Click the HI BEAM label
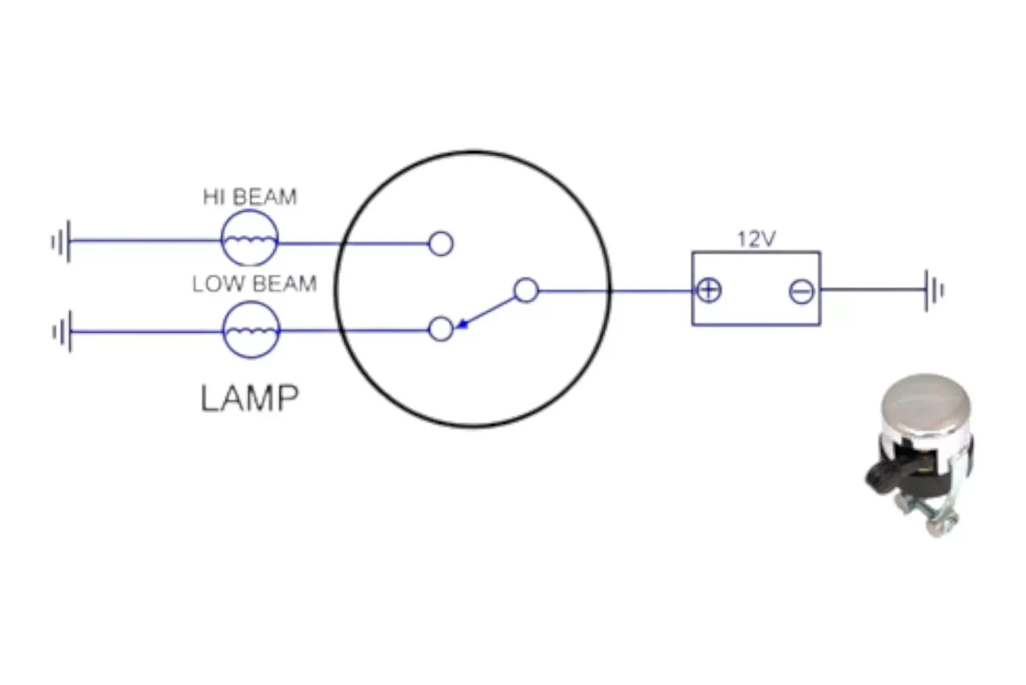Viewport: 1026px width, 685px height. click(250, 197)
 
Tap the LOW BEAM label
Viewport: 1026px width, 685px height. click(254, 283)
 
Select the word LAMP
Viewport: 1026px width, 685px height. click(250, 398)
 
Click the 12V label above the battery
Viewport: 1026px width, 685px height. click(756, 238)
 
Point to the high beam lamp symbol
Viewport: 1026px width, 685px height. click(250, 238)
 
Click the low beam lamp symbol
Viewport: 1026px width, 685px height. click(251, 330)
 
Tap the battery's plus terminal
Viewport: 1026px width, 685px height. click(709, 291)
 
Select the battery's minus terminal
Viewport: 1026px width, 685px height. click(802, 291)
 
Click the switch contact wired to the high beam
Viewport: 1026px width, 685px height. click(441, 244)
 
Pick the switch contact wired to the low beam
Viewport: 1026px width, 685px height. click(441, 329)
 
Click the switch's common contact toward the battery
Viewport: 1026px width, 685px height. click(526, 290)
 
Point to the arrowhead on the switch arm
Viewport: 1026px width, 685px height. click(463, 324)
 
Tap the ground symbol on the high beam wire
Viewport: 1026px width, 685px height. click(61, 242)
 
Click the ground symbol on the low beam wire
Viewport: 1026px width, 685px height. click(62, 332)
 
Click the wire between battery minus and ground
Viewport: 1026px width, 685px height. click(873, 290)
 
